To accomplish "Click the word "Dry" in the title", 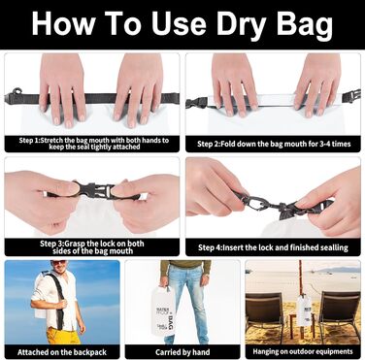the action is point(244,24).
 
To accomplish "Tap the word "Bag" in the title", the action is point(305,24).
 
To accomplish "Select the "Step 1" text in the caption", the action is point(30,141).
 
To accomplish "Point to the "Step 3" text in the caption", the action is point(51,244).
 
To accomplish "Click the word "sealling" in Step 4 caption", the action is point(334,247).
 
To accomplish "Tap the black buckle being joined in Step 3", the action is point(94,191).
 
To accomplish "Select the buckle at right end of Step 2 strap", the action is point(351,96).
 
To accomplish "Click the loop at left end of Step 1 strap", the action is point(17,91).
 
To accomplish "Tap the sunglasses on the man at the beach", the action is point(58,263).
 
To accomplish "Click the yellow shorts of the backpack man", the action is point(63,336).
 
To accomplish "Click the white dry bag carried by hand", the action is point(163,312).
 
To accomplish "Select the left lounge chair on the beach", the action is point(265,313).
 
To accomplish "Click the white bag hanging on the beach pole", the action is point(304,310).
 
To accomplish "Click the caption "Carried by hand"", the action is point(182,352).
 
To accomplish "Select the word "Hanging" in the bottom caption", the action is point(265,351).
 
